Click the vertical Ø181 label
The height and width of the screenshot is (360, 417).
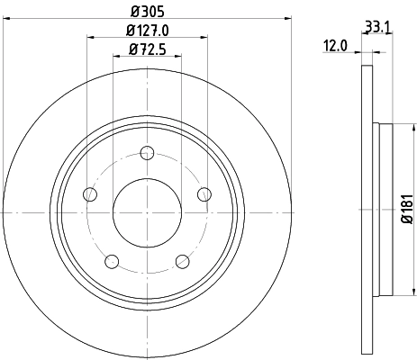click(406, 210)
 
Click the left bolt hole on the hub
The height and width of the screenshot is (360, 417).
click(89, 193)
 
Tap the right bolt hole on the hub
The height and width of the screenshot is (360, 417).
click(204, 193)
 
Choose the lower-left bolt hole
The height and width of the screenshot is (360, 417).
click(112, 261)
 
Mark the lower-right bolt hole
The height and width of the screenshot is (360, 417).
click(182, 261)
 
